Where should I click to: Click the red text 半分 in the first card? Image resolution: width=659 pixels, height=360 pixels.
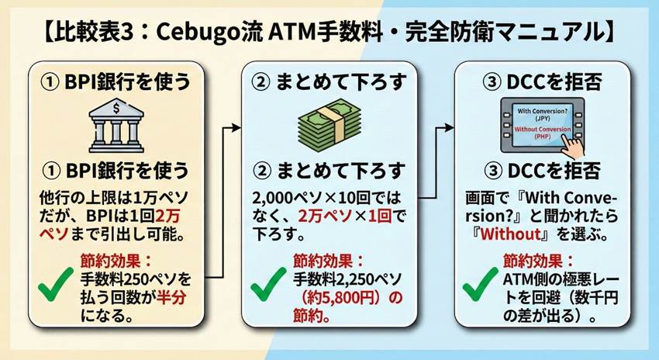coord(179,299)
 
